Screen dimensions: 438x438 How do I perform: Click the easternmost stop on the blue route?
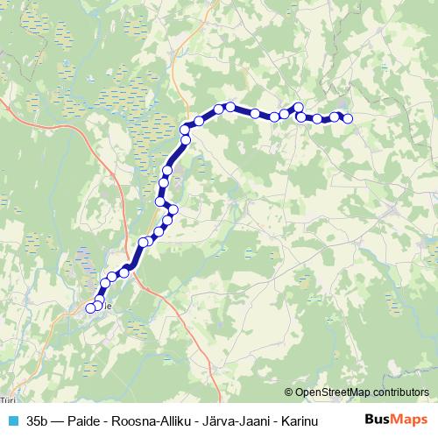(x=348, y=118)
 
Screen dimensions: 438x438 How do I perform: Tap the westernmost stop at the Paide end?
(x=89, y=307)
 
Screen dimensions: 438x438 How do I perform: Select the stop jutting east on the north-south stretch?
(x=173, y=209)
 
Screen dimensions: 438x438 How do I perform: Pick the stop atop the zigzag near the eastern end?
(x=298, y=108)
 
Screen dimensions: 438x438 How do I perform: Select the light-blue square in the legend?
(x=12, y=420)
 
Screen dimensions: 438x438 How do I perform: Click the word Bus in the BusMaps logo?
(x=377, y=420)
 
